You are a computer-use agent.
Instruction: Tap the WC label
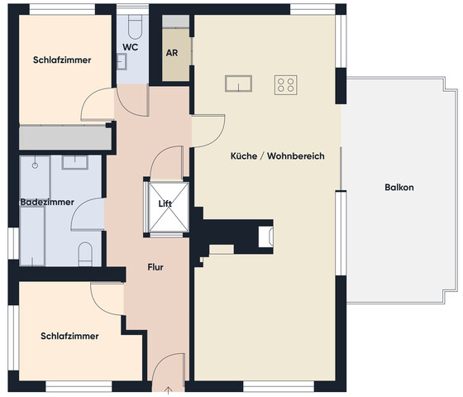point(131,47)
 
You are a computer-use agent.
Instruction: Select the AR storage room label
point(173,52)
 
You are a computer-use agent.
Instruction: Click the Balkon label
point(399,188)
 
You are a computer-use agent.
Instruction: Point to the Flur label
point(155,267)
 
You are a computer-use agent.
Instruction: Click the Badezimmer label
point(47,202)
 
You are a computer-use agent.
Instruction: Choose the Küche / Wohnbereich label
point(277,155)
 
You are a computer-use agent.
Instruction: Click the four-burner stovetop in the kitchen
point(286,84)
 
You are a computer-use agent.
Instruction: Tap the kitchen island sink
point(237,84)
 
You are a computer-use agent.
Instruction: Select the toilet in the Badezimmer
point(85,254)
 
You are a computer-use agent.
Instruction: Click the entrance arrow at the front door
point(168,390)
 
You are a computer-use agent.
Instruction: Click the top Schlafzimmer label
point(62,60)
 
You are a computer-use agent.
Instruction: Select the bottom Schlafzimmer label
point(69,337)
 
